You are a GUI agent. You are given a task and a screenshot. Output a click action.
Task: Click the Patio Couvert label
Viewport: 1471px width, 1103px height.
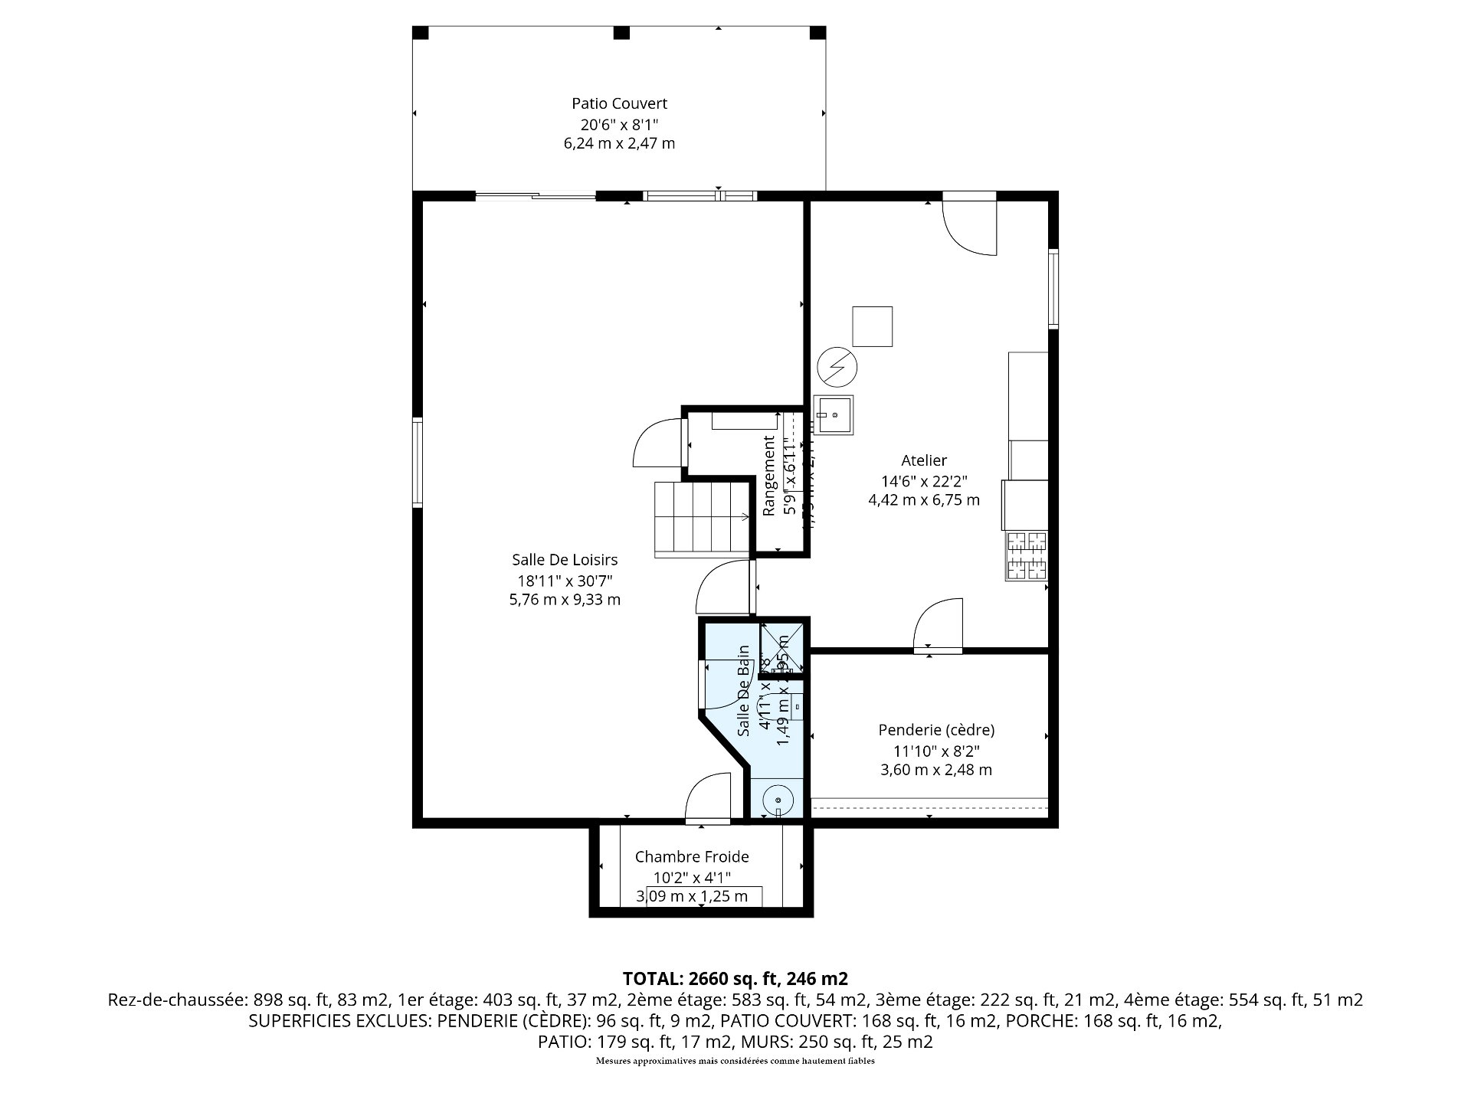619,103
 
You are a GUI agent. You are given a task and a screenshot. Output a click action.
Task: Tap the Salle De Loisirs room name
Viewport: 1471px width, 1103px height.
565,560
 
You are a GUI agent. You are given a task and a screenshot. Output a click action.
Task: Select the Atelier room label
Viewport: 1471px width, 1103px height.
923,460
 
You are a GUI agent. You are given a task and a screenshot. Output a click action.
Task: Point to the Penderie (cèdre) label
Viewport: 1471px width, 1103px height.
936,730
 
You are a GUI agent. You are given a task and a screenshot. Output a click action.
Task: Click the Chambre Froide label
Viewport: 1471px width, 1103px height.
691,857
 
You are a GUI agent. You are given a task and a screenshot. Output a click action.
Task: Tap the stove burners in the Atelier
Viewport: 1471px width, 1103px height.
1027,555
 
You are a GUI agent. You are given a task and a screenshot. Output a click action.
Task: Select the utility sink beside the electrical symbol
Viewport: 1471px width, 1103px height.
834,415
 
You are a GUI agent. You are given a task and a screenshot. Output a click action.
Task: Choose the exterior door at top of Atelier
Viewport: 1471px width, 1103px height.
969,224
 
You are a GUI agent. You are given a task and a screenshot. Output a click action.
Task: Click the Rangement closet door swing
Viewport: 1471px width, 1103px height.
658,443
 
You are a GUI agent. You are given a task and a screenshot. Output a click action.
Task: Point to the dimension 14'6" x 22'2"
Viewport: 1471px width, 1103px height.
923,481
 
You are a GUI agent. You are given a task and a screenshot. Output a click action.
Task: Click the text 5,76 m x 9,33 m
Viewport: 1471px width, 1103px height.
565,600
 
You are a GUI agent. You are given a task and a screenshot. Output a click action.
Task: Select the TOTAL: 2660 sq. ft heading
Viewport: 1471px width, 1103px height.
735,978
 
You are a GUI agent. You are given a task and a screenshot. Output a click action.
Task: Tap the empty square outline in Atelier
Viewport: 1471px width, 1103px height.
873,326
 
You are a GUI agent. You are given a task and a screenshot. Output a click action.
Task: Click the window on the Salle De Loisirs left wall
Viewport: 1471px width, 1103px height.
418,462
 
